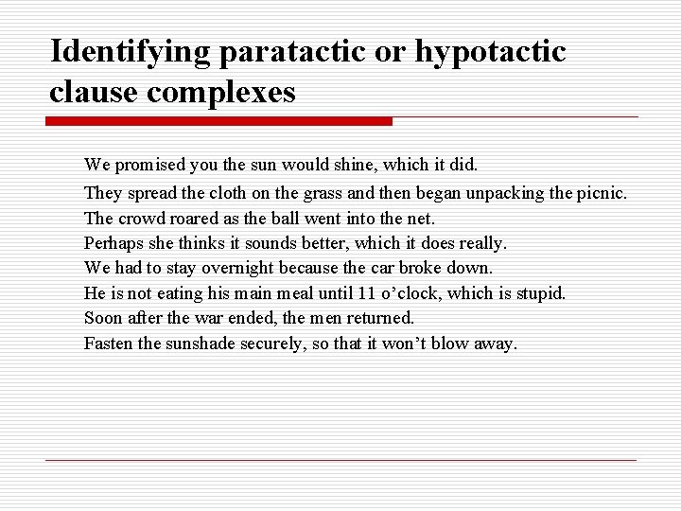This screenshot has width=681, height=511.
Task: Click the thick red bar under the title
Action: pyautogui.click(x=218, y=122)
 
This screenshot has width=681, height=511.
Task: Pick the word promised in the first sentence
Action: pyautogui.click(x=153, y=165)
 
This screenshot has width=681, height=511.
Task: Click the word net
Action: pyautogui.click(x=423, y=219)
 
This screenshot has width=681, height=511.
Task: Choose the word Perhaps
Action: pyautogui.click(x=112, y=243)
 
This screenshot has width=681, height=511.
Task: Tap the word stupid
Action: pyautogui.click(x=540, y=293)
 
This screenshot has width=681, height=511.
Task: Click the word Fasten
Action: pyautogui.click(x=108, y=344)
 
